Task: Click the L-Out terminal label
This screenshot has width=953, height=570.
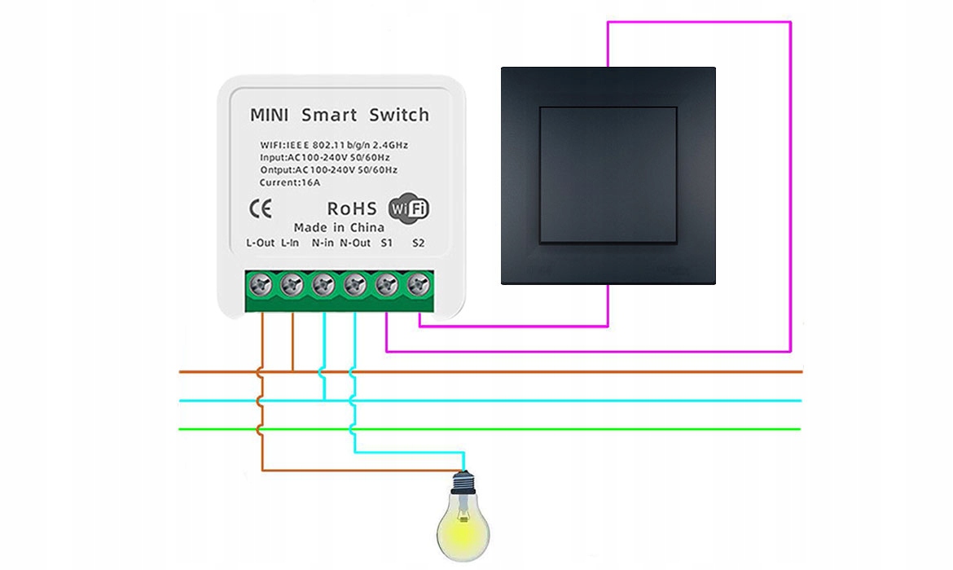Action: (x=261, y=243)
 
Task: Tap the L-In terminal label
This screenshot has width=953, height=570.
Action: (x=290, y=243)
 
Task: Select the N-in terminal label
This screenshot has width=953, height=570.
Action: (x=323, y=243)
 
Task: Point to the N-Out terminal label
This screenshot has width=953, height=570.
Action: (x=355, y=243)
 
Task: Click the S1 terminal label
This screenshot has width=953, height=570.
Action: (x=387, y=243)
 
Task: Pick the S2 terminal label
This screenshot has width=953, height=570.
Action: (x=419, y=243)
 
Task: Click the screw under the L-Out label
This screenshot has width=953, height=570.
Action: (x=262, y=285)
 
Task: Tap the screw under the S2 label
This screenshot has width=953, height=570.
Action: (x=419, y=285)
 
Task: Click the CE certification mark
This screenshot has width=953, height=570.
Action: (x=261, y=209)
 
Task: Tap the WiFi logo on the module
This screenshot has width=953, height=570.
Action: (x=409, y=208)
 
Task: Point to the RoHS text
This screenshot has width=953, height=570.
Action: (x=352, y=209)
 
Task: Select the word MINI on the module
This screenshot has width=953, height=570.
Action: (x=270, y=115)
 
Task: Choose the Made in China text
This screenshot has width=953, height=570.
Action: (x=339, y=227)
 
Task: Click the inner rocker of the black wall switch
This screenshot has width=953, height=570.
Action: (x=608, y=175)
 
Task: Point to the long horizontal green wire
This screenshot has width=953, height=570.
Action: (x=570, y=429)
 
